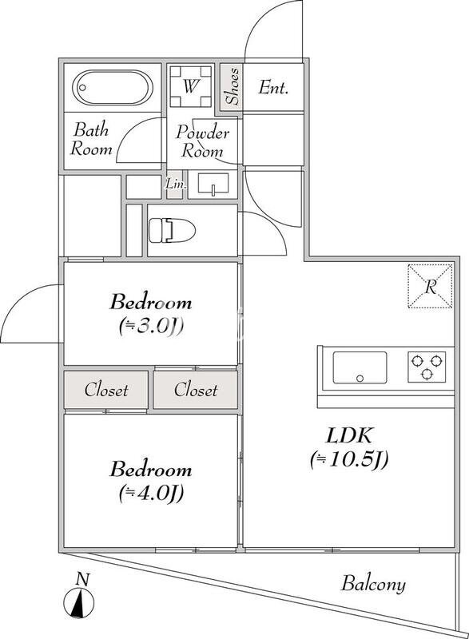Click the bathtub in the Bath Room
click(113, 88)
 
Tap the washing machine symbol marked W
click(191, 86)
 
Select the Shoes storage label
click(232, 86)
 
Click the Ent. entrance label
click(273, 88)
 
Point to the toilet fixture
click(172, 230)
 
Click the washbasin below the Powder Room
click(213, 183)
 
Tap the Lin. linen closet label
click(176, 185)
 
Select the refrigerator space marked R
click(431, 286)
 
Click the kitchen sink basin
click(360, 367)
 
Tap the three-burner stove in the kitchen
click(427, 367)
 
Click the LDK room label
click(349, 436)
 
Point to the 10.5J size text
click(349, 460)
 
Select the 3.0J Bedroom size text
click(151, 325)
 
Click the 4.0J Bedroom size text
click(151, 493)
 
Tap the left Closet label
click(106, 390)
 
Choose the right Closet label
click(196, 390)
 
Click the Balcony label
click(373, 584)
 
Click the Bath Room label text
click(91, 139)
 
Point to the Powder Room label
click(202, 141)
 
